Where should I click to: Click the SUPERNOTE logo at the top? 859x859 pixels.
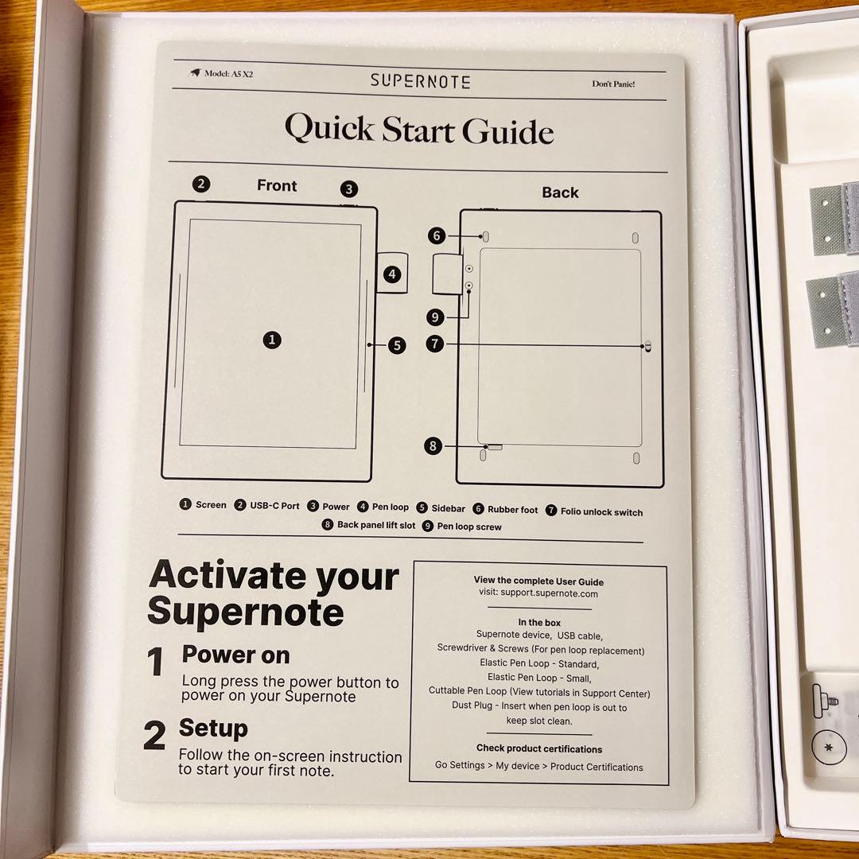[420, 81]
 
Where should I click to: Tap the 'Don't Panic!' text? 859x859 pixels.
[613, 84]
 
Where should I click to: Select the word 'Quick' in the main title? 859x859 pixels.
[330, 128]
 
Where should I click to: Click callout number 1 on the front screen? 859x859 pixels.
[272, 340]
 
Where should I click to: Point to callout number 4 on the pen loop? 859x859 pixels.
[391, 274]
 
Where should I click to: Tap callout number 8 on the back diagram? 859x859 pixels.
[433, 445]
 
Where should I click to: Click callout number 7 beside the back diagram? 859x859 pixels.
[435, 344]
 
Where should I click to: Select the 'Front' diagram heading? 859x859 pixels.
[277, 185]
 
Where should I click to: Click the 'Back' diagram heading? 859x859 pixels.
[560, 192]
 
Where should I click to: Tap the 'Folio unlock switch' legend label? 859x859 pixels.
[601, 511]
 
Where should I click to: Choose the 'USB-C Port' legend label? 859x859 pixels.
[274, 505]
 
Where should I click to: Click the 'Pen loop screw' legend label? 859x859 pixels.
[469, 527]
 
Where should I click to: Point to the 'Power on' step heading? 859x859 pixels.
[235, 655]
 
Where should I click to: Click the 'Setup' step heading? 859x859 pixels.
[213, 728]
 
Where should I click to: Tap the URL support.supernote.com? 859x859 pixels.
[549, 593]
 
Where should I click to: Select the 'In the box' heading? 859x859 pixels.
[539, 622]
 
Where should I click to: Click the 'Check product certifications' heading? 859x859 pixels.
[539, 748]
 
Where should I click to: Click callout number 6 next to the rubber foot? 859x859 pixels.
[437, 235]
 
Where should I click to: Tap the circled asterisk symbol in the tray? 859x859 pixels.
[828, 747]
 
